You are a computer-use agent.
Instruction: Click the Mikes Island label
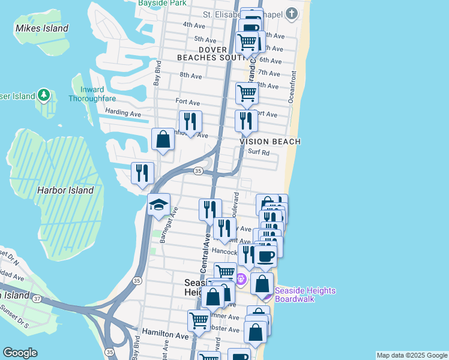pos(42,28)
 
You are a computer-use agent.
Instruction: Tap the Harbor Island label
pos(65,190)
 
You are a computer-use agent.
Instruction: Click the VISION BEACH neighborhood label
pos(270,141)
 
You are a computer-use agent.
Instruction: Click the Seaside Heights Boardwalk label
pos(305,294)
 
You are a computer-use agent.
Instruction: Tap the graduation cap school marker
pos(159,205)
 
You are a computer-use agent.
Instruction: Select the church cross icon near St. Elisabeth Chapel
pos(291,14)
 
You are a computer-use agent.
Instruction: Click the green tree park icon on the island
pos(43,95)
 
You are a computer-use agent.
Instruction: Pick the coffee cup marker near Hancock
pos(265,256)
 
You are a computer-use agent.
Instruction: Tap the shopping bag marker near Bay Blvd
pos(163,139)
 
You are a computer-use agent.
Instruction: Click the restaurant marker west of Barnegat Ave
pos(142,173)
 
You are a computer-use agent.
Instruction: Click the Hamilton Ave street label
pos(165,331)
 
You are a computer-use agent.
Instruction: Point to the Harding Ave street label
pos(122,112)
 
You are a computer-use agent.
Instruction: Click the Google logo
pos(20,353)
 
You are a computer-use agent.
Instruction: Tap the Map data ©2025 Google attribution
pos(412,355)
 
